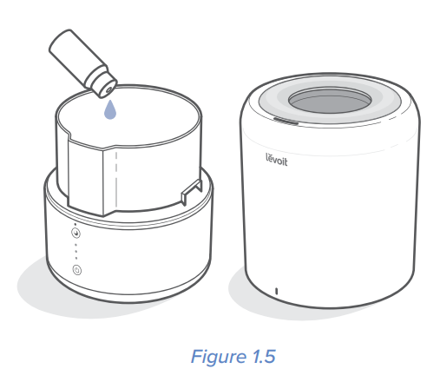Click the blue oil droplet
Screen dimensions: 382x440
pyautogui.click(x=109, y=111)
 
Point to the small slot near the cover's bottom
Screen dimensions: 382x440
pyautogui.click(x=275, y=289)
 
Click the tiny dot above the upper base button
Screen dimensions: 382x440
pyautogui.click(x=76, y=224)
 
